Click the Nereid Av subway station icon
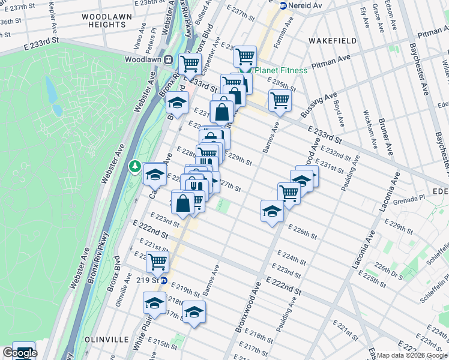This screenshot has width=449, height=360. (283, 5)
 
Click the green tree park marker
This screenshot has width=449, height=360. (136, 166)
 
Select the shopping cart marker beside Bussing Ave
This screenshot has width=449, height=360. (280, 100)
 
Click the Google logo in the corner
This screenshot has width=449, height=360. (19, 353)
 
